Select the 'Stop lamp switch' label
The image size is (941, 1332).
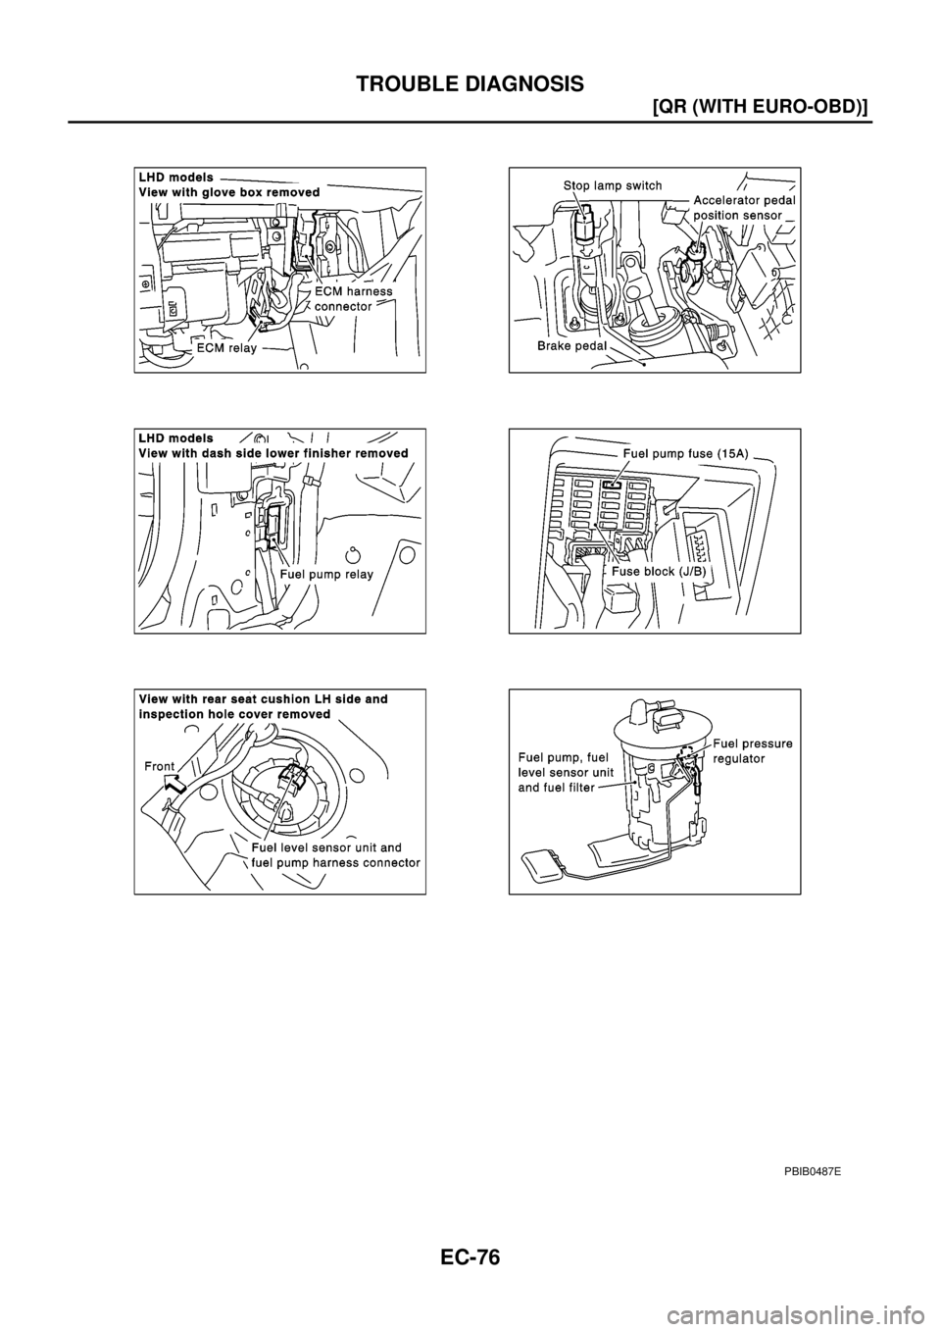612,184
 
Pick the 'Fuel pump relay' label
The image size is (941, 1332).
326,574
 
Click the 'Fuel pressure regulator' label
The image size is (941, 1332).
752,751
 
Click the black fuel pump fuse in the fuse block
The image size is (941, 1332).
613,486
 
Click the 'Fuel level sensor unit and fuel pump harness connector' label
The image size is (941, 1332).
335,855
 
